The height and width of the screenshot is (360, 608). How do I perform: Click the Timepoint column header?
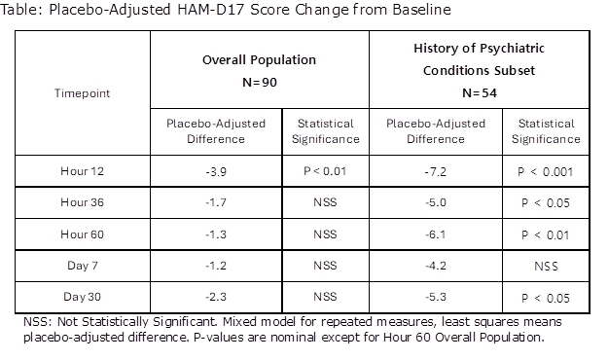pos(83,93)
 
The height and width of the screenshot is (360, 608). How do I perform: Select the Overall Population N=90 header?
pos(260,71)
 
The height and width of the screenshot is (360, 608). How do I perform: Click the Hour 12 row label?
pos(83,171)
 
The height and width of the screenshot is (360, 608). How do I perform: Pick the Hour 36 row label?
pos(83,202)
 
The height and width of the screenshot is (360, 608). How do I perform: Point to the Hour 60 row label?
pos(83,234)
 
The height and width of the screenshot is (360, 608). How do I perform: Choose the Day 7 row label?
pos(83,266)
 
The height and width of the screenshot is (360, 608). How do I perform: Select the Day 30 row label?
pos(83,297)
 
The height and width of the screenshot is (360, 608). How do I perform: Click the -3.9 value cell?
pos(216,171)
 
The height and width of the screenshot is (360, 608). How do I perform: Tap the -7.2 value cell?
pos(436,171)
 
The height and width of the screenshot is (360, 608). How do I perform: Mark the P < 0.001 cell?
pos(546,172)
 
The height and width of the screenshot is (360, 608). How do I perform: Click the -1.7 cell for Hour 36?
pos(216,202)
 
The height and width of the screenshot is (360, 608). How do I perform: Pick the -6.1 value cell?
pos(436,234)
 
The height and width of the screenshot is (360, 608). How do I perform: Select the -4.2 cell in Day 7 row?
pos(436,266)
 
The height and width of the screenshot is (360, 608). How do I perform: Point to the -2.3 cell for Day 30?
pos(216,297)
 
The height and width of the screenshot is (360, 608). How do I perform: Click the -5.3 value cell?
pos(436,297)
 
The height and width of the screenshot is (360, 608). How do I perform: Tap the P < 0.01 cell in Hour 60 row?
pos(546,235)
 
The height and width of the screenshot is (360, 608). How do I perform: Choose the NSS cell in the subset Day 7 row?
pos(546,267)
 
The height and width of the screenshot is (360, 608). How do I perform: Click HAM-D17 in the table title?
pos(210,10)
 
